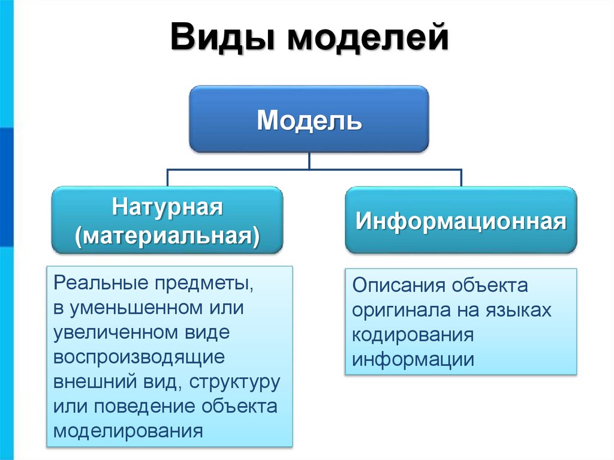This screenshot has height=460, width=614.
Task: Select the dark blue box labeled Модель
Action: coord(309,119)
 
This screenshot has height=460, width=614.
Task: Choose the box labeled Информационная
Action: coord(460,220)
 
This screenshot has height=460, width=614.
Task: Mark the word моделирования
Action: coord(128,431)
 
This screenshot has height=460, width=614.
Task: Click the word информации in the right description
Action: coord(413,359)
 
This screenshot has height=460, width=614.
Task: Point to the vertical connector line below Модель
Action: coord(309,161)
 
